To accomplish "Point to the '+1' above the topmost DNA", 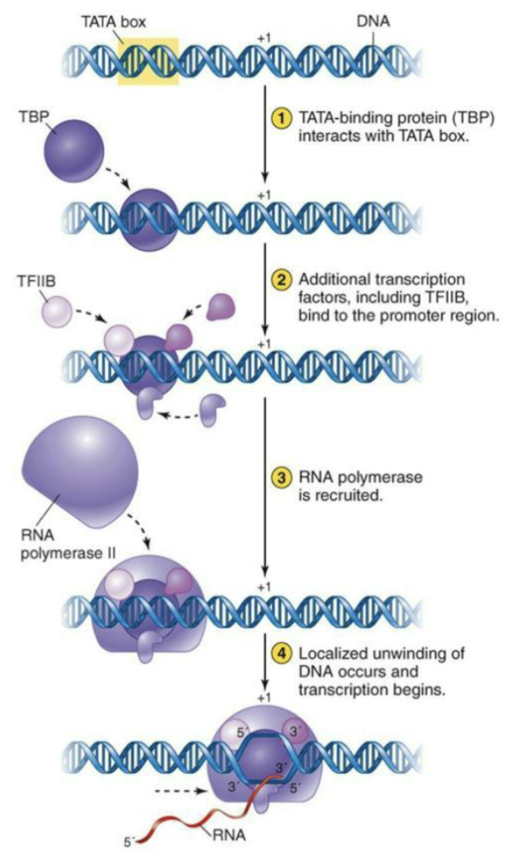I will coord(265,39).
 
